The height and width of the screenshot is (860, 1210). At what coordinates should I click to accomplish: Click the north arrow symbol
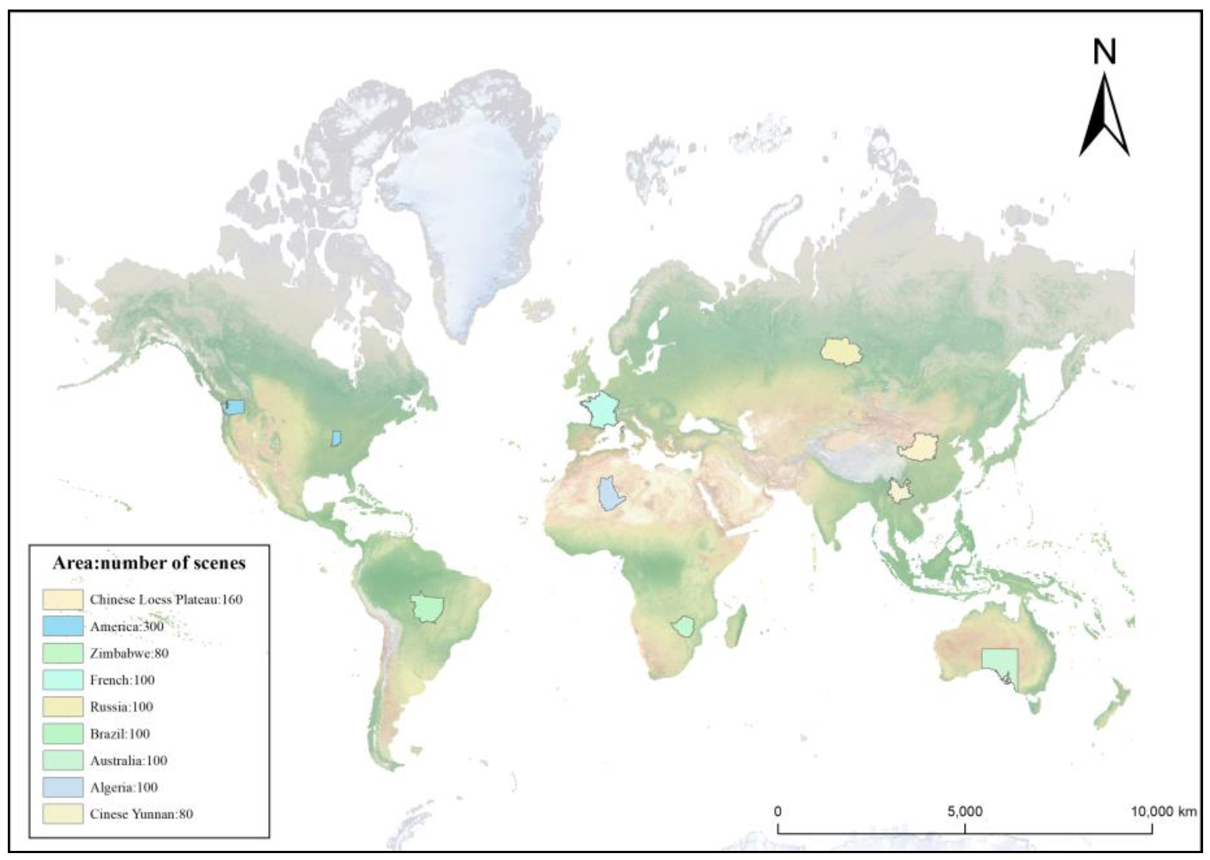(x=1104, y=122)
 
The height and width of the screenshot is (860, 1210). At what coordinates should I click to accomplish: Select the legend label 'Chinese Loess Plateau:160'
(x=165, y=599)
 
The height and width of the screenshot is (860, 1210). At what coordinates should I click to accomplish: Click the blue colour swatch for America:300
(x=63, y=626)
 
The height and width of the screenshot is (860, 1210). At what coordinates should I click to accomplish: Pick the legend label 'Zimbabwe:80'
(x=129, y=653)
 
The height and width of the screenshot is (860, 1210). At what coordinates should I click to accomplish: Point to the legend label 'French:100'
(x=122, y=680)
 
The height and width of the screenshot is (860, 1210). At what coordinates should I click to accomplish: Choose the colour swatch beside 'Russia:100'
(x=63, y=707)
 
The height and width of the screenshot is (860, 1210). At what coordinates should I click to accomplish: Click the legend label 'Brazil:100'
(x=120, y=734)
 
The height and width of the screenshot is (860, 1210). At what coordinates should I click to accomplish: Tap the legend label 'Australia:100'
(x=129, y=760)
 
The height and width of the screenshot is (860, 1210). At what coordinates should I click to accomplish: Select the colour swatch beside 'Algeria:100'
(x=63, y=787)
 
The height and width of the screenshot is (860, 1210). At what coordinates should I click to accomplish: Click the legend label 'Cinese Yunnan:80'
(x=141, y=814)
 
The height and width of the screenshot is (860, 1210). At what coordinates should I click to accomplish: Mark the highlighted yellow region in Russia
(x=840, y=351)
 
